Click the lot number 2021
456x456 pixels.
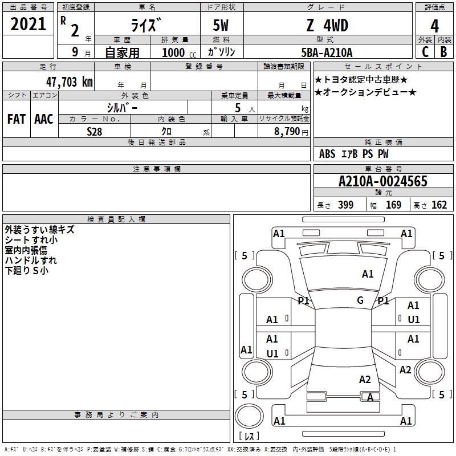pyautogui.click(x=28, y=24)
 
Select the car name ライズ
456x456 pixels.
pyautogui.click(x=146, y=26)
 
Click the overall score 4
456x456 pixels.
pyautogui.click(x=434, y=26)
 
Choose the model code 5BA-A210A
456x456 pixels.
pyautogui.click(x=327, y=52)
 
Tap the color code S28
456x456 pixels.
pyautogui.click(x=95, y=131)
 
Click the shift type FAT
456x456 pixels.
pyautogui.click(x=16, y=119)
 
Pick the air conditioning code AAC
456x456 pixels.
pyautogui.click(x=44, y=119)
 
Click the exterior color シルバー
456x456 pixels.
pyautogui.click(x=122, y=107)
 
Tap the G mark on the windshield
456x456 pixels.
pyautogui.click(x=360, y=300)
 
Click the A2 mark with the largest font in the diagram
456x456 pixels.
pyautogui.click(x=365, y=380)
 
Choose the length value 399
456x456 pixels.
pyautogui.click(x=345, y=205)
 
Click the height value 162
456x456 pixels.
pyautogui.click(x=439, y=205)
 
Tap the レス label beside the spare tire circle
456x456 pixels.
pyautogui.click(x=249, y=437)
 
